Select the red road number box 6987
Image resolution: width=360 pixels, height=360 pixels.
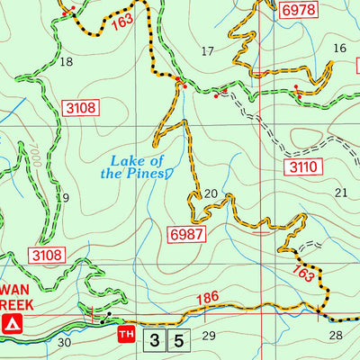click(x=186, y=234)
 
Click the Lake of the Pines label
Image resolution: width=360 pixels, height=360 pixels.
click(x=132, y=166)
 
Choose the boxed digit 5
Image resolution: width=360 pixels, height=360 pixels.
click(x=179, y=340)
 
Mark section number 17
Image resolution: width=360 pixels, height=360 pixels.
click(x=208, y=50)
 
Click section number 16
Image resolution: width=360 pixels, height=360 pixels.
click(x=338, y=49)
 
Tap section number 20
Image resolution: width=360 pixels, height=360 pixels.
click(x=211, y=193)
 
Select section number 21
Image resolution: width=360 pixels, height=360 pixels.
click(x=340, y=193)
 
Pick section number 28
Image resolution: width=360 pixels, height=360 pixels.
click(x=336, y=335)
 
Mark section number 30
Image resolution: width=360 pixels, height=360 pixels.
click(x=64, y=342)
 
